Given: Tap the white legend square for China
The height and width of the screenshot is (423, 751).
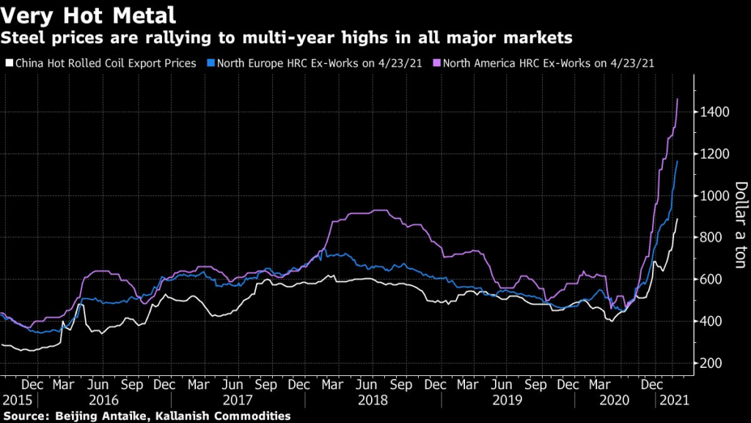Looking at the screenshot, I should (8, 63).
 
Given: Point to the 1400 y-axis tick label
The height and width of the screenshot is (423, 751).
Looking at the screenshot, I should (714, 112).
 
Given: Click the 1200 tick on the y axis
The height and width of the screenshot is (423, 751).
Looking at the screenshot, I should (714, 154).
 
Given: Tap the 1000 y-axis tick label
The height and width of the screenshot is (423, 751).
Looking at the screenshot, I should (714, 196).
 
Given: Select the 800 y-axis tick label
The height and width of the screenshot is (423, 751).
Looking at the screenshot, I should (711, 238).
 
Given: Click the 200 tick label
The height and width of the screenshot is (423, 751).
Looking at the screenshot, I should (711, 364).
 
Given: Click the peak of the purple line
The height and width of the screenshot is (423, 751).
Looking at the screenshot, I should (677, 98).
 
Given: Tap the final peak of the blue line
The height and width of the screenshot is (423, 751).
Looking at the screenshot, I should (677, 161).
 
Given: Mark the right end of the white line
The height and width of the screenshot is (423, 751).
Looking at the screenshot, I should (677, 218).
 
